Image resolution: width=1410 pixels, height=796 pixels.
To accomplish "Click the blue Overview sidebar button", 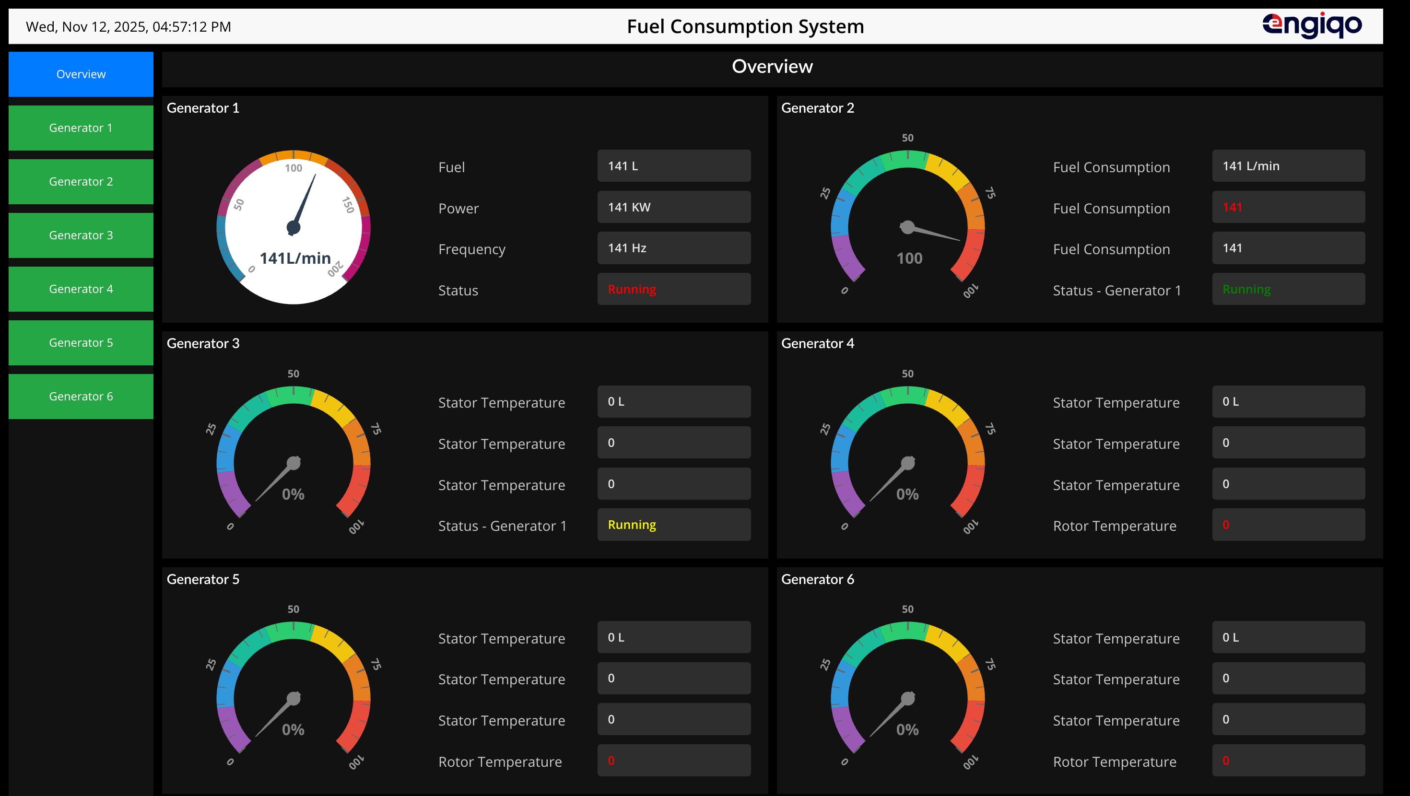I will coord(81,74).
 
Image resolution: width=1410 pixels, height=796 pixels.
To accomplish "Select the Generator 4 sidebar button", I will coord(81,289).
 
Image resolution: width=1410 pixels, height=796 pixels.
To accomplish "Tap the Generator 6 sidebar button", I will coord(81,397).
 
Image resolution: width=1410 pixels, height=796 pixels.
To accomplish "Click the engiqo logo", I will coord(1312,25).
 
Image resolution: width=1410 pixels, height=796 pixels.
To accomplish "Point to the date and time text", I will coord(129,27).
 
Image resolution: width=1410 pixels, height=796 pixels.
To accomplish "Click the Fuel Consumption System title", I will coord(745,26).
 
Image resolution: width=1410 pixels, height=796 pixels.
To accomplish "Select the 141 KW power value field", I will coord(674,207).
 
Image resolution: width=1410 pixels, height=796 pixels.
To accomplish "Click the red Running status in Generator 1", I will coord(632,289).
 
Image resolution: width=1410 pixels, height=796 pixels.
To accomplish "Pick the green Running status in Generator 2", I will coord(1246,289).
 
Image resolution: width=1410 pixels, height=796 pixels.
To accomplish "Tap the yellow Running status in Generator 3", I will coord(632,525).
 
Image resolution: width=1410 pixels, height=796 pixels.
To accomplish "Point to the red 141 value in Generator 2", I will coord(1232,207).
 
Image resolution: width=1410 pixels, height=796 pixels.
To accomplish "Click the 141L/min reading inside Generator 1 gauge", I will coord(295,258).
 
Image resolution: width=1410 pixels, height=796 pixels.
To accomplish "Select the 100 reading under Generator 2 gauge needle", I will coord(909,258).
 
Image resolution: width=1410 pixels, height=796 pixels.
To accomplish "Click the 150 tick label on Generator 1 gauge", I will coord(348,205).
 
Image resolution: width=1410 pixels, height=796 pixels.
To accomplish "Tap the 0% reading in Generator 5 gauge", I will coord(293,729).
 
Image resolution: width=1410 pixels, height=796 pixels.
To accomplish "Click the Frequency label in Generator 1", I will coord(471,249).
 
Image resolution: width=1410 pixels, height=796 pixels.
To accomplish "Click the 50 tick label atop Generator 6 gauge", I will coord(907,609).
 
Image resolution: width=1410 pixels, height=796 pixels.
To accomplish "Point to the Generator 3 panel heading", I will coord(202,343).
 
